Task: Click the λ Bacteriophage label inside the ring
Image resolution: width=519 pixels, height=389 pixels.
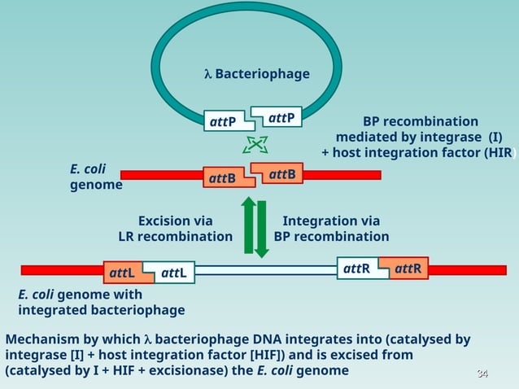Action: click(x=256, y=74)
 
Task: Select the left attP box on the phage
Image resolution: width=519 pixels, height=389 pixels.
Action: click(x=225, y=122)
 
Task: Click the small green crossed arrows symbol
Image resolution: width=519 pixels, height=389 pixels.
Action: click(x=255, y=145)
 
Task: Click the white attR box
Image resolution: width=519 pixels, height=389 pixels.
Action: click(x=362, y=268)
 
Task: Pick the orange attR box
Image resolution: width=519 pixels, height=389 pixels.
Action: click(x=408, y=268)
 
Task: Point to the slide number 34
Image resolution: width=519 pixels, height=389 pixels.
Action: click(x=482, y=374)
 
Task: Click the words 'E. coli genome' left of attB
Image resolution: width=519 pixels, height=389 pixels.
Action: click(x=96, y=177)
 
